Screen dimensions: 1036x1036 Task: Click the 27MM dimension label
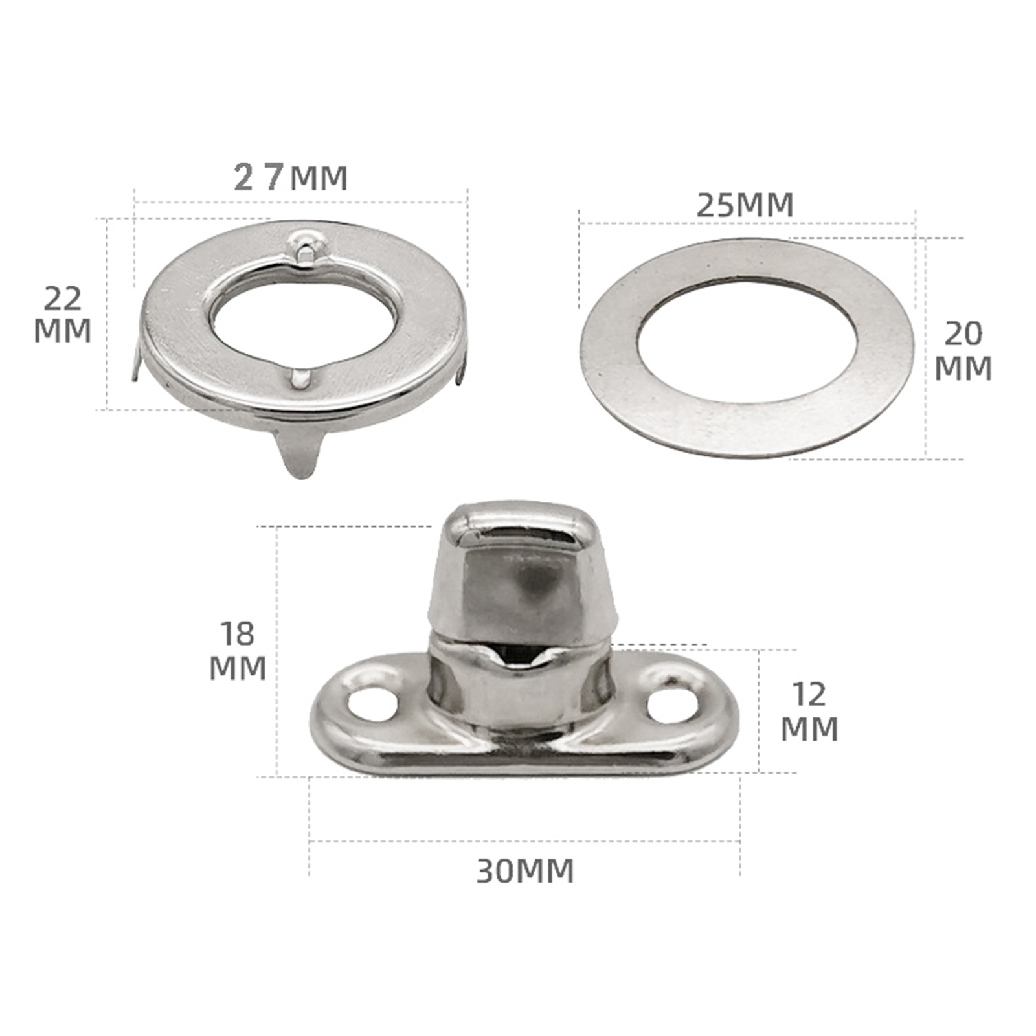click(x=291, y=177)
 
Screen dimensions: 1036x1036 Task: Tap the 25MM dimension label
click(x=745, y=205)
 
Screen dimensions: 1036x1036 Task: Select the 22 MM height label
click(x=62, y=315)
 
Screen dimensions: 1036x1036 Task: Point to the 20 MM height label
click(x=963, y=352)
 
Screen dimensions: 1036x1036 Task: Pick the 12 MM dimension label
click(x=809, y=712)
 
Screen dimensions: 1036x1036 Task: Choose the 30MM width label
click(x=525, y=872)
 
